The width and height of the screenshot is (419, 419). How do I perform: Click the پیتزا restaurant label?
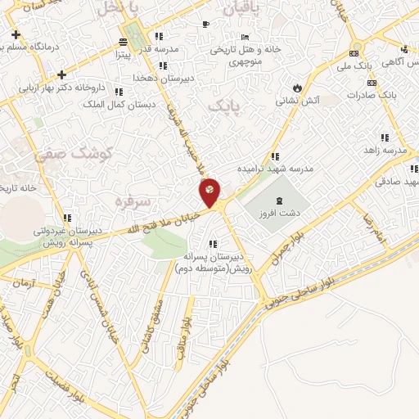[122, 55]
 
